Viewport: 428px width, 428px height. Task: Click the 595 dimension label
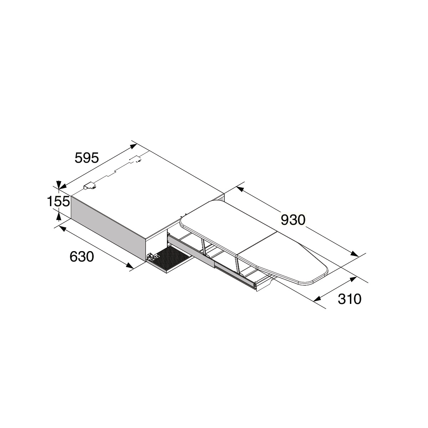coord(87,158)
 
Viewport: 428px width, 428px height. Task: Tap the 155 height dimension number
coord(58,202)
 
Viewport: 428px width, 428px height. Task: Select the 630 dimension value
coord(82,257)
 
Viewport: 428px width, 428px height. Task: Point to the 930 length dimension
coord(293,220)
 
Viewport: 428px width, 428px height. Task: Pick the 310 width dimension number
coord(350,299)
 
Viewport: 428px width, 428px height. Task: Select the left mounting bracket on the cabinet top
coord(90,186)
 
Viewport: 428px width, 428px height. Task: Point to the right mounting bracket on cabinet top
coord(136,159)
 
